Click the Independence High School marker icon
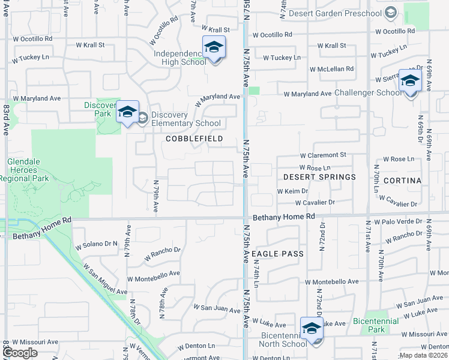pos(214,47)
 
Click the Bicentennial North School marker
pos(312,328)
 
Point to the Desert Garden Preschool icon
pos(390,13)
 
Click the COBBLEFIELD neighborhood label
pos(194,139)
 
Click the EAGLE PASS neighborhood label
pos(277,254)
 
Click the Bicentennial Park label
pos(376,325)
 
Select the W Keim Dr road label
pos(292,191)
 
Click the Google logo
pos(20,353)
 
